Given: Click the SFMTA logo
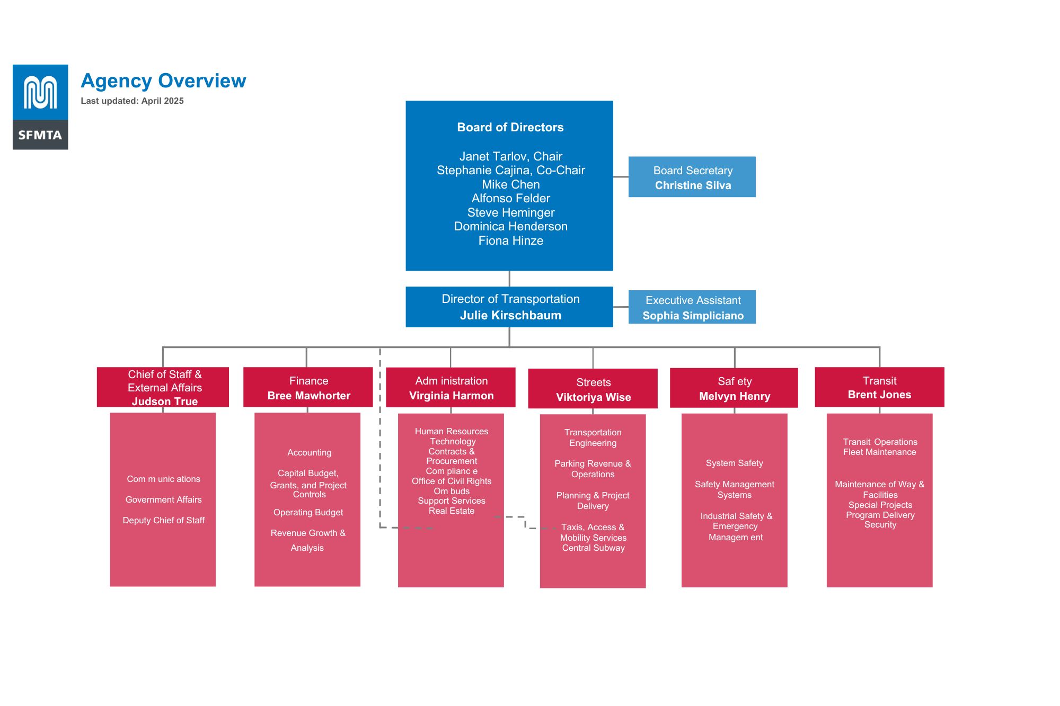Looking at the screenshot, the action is (x=40, y=107).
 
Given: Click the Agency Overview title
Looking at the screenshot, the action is (x=163, y=81).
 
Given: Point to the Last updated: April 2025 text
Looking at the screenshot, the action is (x=132, y=101).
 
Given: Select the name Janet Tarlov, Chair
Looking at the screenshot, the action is (x=510, y=156).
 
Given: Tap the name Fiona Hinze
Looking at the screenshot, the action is (x=510, y=240).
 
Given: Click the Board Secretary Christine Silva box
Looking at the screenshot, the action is (x=692, y=177).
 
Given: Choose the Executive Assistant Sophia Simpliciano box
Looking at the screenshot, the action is (x=692, y=307).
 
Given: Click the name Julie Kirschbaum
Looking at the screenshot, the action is (x=510, y=315).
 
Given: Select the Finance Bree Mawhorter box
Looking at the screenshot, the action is (x=308, y=387).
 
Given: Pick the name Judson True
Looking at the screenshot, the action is (x=165, y=401).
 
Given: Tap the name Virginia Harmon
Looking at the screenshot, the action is (x=452, y=396).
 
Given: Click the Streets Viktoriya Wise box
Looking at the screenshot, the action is (x=593, y=389).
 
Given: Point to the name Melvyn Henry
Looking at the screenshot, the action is (x=735, y=396).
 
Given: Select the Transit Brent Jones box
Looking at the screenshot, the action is (x=880, y=387).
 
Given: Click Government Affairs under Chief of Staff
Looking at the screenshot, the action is (x=164, y=499).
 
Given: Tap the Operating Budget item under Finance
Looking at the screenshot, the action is (x=308, y=512).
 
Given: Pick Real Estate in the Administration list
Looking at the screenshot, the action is (x=452, y=511).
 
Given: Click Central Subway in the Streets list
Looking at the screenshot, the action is (x=594, y=548).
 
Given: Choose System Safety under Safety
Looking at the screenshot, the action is (x=735, y=463).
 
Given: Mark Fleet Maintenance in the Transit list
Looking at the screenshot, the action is (x=880, y=452).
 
